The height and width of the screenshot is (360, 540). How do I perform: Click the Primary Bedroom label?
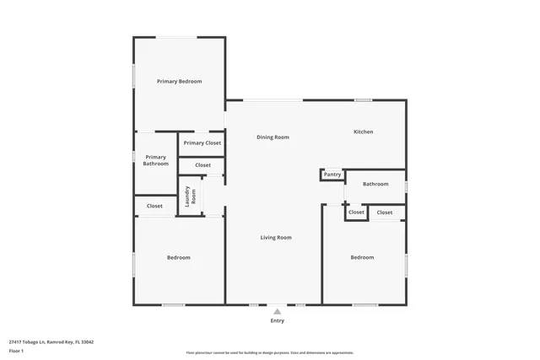pyautogui.click(x=179, y=81)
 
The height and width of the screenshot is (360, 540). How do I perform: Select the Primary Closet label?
pyautogui.click(x=202, y=143)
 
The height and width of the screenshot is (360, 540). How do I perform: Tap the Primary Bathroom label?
pyautogui.click(x=155, y=160)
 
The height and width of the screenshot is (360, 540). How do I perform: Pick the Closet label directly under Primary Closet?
pyautogui.click(x=202, y=165)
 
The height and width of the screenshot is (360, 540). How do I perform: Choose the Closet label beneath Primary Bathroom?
pyautogui.click(x=154, y=206)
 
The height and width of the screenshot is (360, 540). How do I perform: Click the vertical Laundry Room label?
pyautogui.click(x=191, y=196)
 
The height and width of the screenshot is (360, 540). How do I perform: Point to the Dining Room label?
pyautogui.click(x=273, y=137)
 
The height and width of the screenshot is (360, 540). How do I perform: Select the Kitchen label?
pyautogui.click(x=363, y=132)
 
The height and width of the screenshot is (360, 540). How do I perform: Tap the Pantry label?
pyautogui.click(x=332, y=175)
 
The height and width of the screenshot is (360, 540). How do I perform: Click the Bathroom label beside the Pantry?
pyautogui.click(x=375, y=184)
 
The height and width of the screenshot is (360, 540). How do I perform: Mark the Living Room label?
pyautogui.click(x=275, y=238)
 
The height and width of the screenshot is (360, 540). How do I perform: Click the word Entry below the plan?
pyautogui.click(x=277, y=321)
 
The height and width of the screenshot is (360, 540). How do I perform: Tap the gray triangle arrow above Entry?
pyautogui.click(x=277, y=311)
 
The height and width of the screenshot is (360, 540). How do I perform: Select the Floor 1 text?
pyautogui.click(x=16, y=350)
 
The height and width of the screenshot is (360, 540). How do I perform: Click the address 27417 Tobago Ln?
pyautogui.click(x=51, y=341)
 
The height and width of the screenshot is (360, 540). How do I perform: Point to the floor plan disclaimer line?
pyautogui.click(x=269, y=352)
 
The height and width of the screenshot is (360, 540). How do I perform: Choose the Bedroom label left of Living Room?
pyautogui.click(x=178, y=257)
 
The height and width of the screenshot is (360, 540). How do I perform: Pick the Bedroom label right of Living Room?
pyautogui.click(x=362, y=257)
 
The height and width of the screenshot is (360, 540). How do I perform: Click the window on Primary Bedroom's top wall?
pyautogui.click(x=179, y=37)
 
